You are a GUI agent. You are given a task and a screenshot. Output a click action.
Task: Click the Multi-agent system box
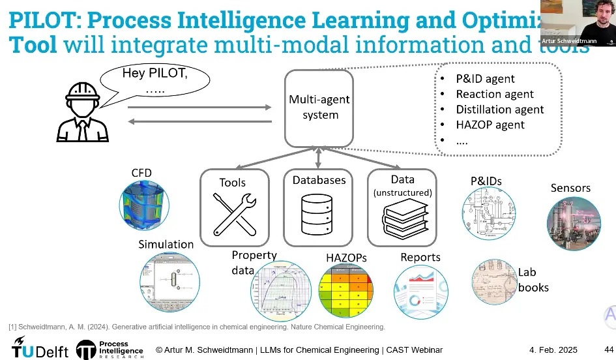(x=319, y=108)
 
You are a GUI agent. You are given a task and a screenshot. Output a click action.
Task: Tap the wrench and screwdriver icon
(x=233, y=215)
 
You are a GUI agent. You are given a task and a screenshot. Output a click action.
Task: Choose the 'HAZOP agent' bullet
(x=490, y=125)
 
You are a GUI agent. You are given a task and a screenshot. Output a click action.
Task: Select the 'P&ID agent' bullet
(x=485, y=79)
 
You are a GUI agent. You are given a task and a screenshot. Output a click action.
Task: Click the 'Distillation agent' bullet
(x=499, y=110)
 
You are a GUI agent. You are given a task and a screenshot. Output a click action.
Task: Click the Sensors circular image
(x=573, y=223)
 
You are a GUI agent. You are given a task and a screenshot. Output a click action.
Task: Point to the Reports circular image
(x=421, y=290)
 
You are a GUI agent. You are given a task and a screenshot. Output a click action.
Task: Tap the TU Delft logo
(x=40, y=349)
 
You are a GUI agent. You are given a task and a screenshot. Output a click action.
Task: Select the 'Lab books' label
(x=533, y=280)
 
